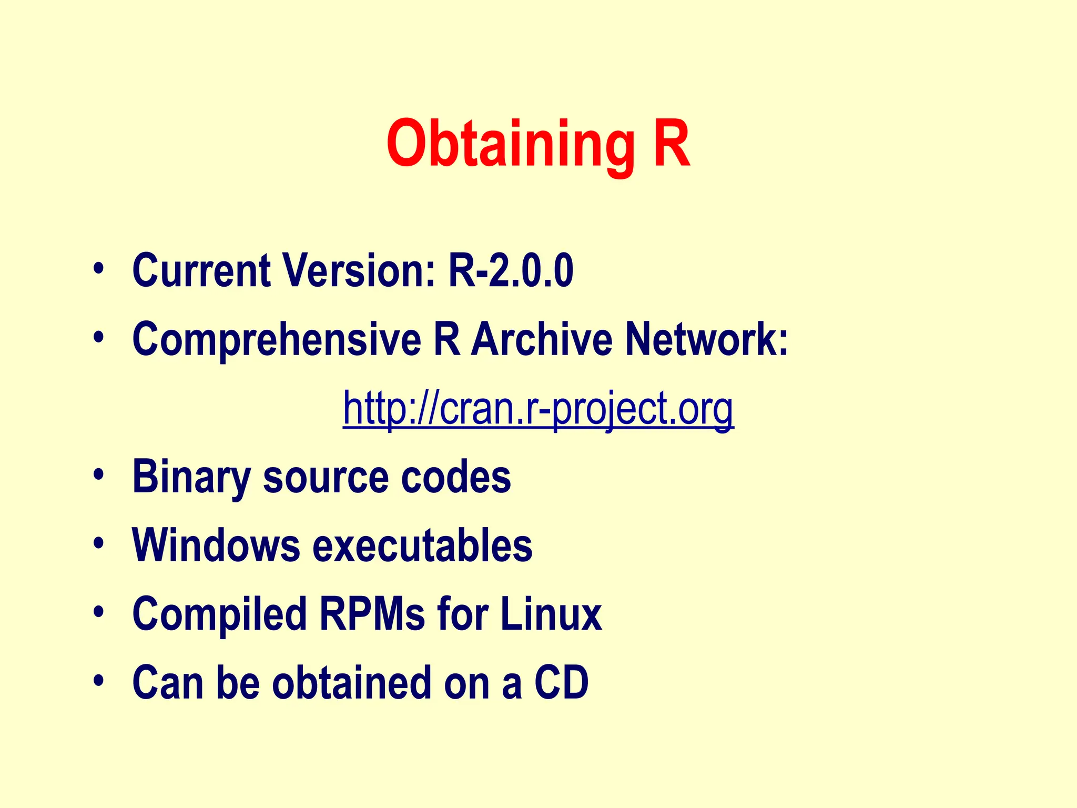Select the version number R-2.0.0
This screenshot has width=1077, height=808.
[511, 270]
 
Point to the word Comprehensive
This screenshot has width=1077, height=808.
[277, 340]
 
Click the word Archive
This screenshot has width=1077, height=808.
[541, 339]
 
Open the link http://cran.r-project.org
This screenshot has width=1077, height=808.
[538, 408]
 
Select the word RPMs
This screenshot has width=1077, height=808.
[372, 614]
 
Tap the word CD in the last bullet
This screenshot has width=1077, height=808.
[561, 683]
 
